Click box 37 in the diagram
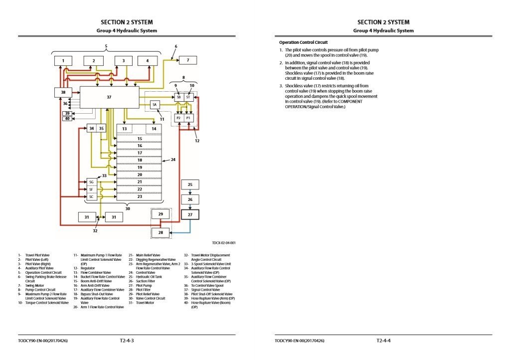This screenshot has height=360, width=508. [109, 97]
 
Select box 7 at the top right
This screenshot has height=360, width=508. [188, 60]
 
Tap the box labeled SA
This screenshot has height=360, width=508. [155, 105]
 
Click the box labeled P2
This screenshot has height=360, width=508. [178, 118]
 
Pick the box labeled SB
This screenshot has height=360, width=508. [178, 97]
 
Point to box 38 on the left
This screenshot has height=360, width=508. [63, 92]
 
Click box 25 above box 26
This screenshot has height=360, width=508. [189, 184]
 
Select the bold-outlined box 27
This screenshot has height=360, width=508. [189, 215]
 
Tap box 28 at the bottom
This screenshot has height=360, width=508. [161, 232]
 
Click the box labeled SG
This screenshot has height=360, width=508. [91, 182]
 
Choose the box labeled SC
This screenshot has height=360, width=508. [91, 197]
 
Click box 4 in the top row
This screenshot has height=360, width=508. [147, 61]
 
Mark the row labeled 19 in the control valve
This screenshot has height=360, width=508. [140, 168]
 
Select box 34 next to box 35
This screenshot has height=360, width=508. [92, 128]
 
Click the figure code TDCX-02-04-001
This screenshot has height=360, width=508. [223, 243]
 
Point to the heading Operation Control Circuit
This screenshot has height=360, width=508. [303, 42]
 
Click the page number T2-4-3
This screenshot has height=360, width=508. [127, 341]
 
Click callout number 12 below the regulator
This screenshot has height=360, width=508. [197, 141]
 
